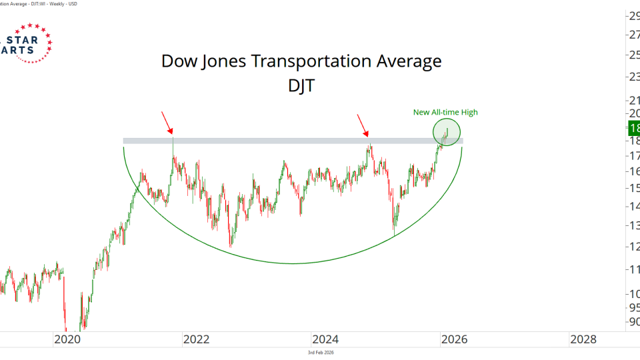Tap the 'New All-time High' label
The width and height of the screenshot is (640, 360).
[445, 112]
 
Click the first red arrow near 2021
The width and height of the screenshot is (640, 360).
[167, 123]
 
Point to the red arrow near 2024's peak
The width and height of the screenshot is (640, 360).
[362, 125]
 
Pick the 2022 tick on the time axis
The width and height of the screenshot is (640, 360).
[196, 339]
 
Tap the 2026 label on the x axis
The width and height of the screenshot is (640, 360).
[454, 339]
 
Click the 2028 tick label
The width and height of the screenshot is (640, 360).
[583, 339]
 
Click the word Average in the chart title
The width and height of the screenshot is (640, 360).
[409, 61]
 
